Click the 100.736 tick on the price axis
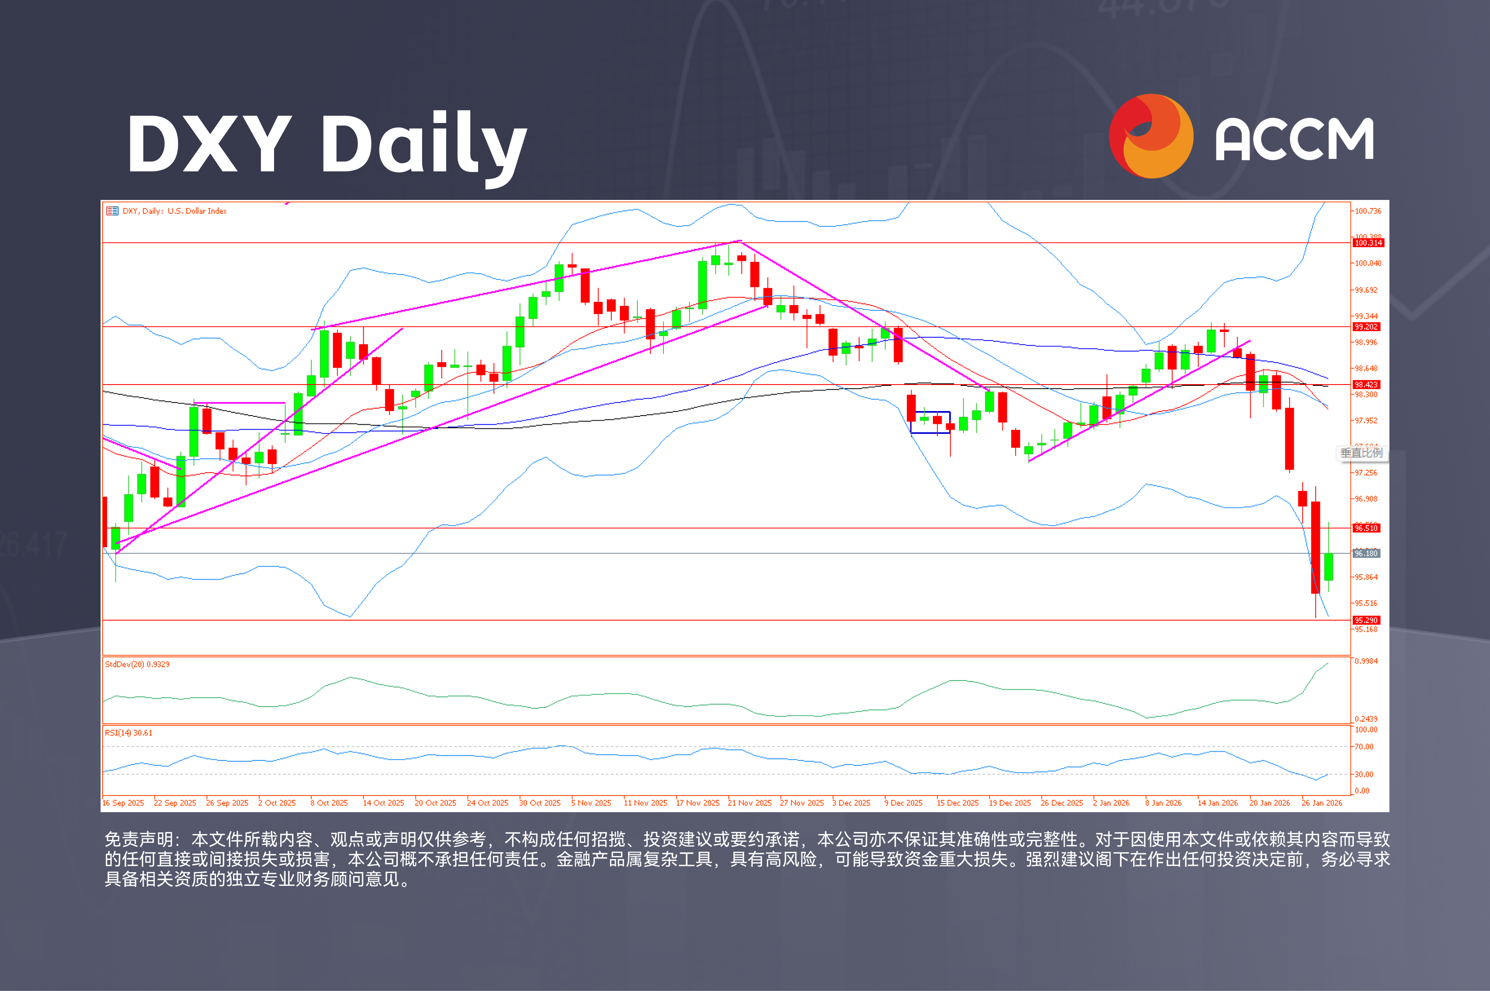(x=1368, y=211)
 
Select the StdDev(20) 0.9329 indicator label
(x=137, y=664)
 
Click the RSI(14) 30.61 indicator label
(x=128, y=733)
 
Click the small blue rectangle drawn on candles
(x=930, y=422)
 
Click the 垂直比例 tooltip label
(x=1361, y=452)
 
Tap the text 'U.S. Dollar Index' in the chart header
(x=197, y=211)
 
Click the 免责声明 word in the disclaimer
(x=138, y=839)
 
